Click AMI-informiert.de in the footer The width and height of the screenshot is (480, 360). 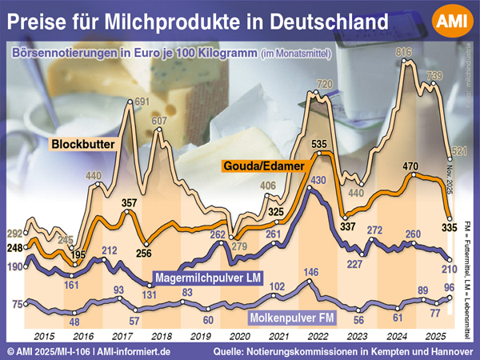click(x=142, y=352)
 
